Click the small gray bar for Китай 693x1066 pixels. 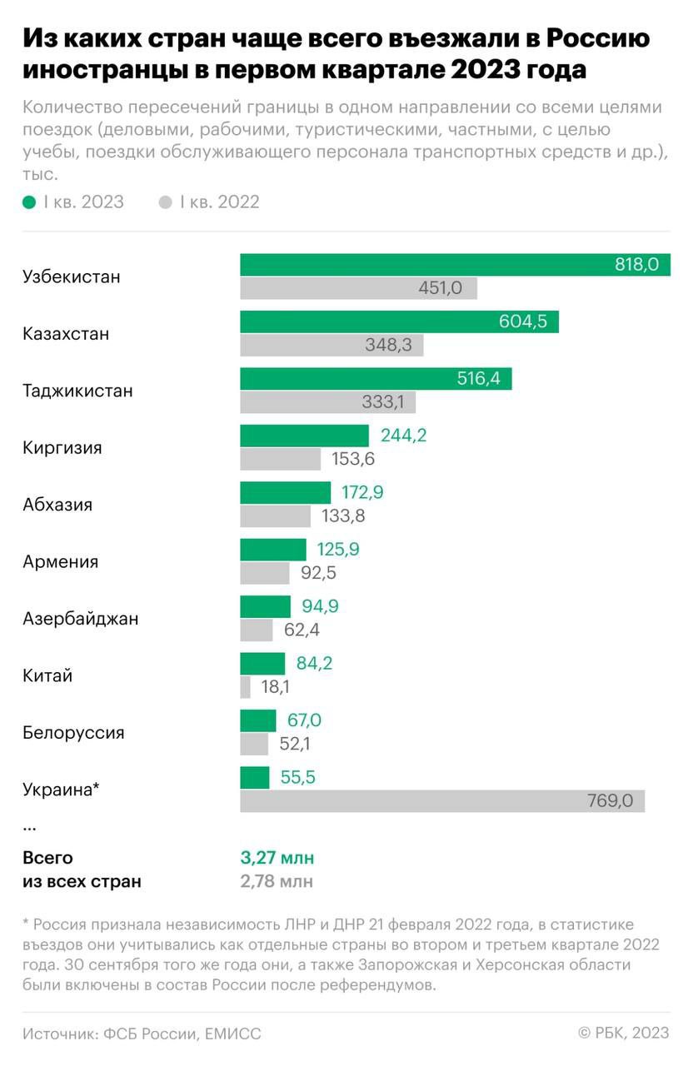point(246,687)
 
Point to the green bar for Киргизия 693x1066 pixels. point(304,436)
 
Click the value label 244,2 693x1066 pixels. point(403,436)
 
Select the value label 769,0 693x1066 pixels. point(611,801)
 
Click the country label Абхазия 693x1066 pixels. point(57,505)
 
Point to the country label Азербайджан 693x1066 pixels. point(80,619)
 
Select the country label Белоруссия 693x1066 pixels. point(73,733)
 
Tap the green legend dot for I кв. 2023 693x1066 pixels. point(29,202)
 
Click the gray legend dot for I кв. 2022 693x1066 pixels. point(165,202)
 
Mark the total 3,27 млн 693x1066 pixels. point(277,858)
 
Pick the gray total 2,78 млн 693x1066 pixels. point(277,881)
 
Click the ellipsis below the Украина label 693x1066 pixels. point(30,827)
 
